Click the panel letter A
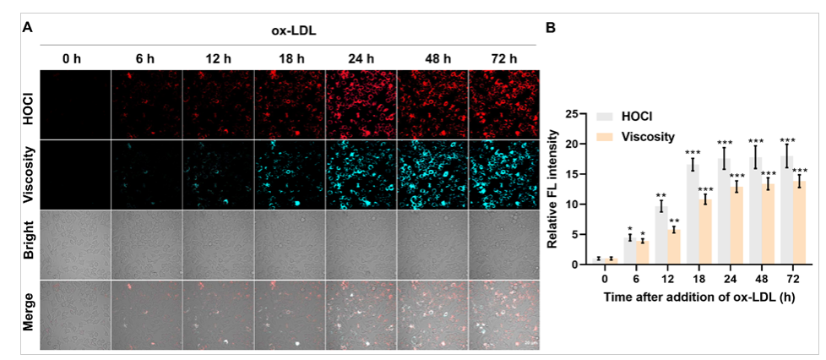pyautogui.click(x=28, y=27)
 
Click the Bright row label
pyautogui.click(x=28, y=245)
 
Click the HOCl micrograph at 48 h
pyautogui.click(x=432, y=104)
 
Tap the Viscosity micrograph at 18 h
pyautogui.click(x=289, y=174)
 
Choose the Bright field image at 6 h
pyautogui.click(x=146, y=245)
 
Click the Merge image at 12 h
pyautogui.click(x=217, y=315)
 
